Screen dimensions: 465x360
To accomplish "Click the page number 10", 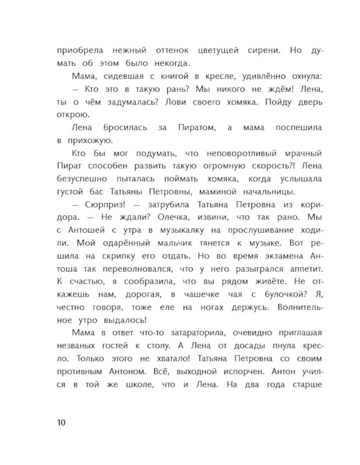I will point(61,422).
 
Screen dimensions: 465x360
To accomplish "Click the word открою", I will point(72,115).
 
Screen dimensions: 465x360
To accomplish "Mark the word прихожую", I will point(90,141).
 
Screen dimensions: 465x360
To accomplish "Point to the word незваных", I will point(76,346).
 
